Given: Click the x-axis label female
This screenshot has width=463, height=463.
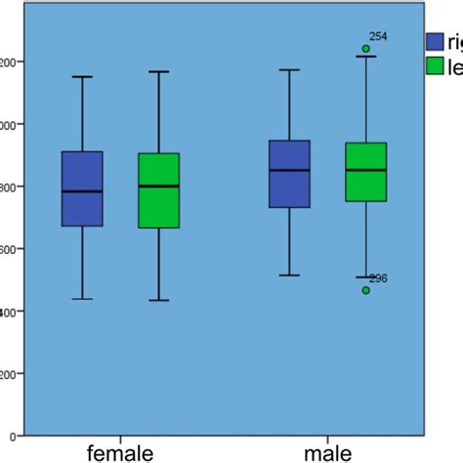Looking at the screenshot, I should click(120, 452).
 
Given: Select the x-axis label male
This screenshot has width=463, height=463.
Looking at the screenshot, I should click(328, 452).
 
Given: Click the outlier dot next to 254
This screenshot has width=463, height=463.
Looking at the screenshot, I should click(366, 48).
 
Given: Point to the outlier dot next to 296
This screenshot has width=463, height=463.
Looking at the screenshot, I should click(366, 290).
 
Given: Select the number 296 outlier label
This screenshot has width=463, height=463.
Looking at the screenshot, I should click(378, 278).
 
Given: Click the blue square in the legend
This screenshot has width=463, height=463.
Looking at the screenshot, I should click(437, 41).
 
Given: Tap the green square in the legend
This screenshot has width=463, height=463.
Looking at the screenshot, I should click(437, 65).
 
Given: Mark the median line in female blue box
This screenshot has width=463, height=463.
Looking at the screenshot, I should click(82, 191).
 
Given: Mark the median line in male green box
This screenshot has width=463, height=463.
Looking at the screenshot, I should click(366, 170).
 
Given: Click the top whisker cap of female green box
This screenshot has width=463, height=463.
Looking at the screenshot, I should click(158, 71).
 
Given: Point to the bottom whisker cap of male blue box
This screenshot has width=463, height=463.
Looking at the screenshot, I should click(289, 275).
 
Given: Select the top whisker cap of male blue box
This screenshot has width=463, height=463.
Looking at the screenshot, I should click(289, 69).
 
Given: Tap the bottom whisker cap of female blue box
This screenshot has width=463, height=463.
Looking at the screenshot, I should click(82, 299).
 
